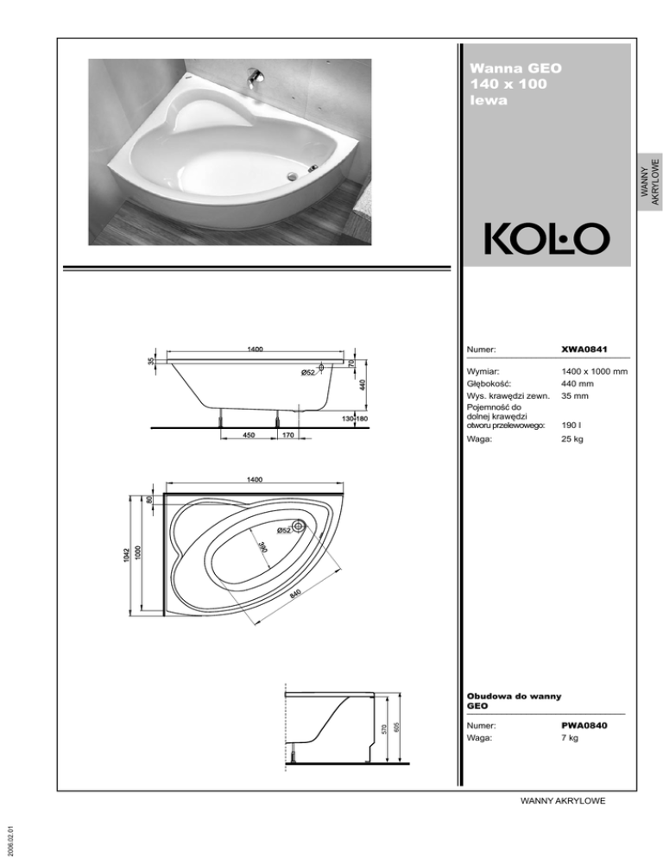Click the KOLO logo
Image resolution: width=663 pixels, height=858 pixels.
point(547,239)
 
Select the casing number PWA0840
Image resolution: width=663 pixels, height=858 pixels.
point(584,726)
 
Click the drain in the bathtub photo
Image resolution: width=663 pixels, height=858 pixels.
point(292,176)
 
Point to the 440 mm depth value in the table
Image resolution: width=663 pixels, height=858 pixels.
point(577,383)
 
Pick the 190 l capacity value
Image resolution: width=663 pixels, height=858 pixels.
point(571,426)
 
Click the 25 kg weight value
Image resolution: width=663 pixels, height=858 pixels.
point(572,438)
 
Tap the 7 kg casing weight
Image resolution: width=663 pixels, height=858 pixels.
point(570,738)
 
